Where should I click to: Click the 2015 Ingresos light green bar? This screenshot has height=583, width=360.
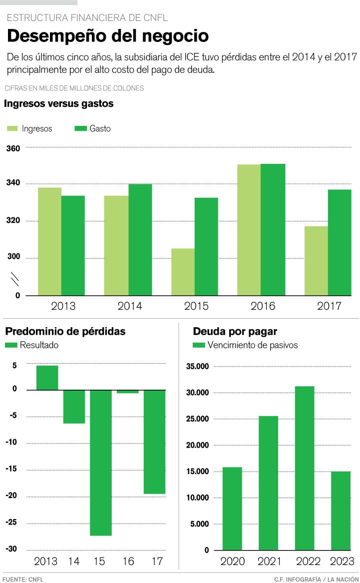(x=183, y=272)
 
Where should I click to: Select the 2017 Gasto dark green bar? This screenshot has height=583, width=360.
(x=340, y=242)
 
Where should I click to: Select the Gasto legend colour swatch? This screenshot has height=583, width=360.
(x=80, y=129)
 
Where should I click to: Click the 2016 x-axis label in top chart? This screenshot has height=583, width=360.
(x=263, y=306)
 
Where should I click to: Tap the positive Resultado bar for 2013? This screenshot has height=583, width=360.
(x=47, y=378)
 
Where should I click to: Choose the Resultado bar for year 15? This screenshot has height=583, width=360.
(x=101, y=463)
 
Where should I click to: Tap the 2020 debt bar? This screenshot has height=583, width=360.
(x=232, y=509)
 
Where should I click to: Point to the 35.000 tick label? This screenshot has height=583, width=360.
(x=197, y=367)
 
